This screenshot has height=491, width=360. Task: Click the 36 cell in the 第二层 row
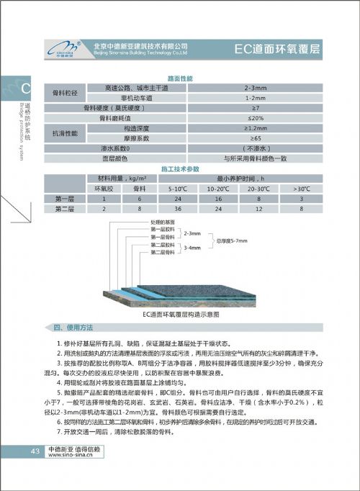pyautogui.click(x=177, y=208)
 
